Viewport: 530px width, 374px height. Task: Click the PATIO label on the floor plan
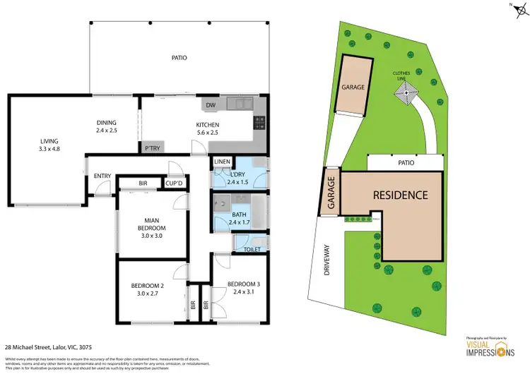click(x=179, y=57)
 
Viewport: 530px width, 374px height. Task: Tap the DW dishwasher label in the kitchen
click(x=210, y=106)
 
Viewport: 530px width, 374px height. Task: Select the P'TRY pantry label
click(x=152, y=148)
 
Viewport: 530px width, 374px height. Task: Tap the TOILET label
click(x=252, y=249)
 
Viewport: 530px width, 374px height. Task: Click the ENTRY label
click(x=102, y=176)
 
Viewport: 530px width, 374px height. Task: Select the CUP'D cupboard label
click(x=174, y=183)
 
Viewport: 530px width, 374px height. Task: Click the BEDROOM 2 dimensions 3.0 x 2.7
click(x=147, y=293)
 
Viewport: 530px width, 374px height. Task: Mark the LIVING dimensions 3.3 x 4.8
click(x=49, y=148)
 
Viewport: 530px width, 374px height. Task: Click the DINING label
click(x=107, y=123)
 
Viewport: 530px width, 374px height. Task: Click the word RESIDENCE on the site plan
click(x=400, y=195)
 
